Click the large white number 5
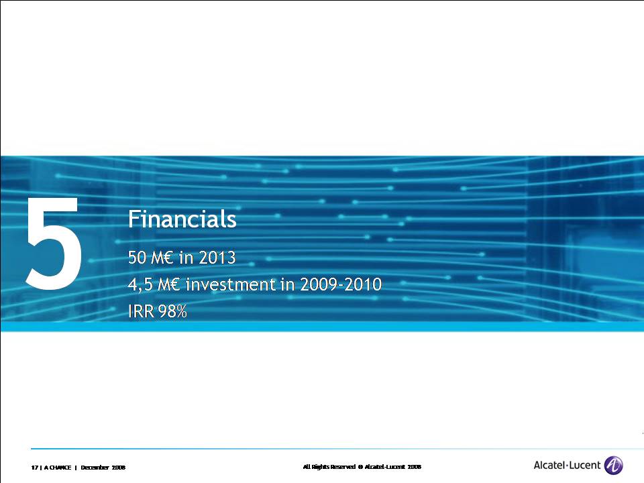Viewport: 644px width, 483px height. [54, 243]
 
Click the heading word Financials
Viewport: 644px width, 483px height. [182, 219]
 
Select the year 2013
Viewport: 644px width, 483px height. [217, 258]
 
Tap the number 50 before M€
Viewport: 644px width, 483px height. [137, 258]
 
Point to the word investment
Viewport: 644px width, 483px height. [231, 284]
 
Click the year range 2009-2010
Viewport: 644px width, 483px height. [341, 284]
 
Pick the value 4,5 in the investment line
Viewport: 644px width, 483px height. [140, 284]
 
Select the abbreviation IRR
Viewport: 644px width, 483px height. [141, 311]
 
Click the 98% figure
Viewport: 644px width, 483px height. [172, 311]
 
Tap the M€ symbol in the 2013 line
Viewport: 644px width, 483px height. [162, 258]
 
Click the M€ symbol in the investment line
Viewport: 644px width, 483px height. [169, 284]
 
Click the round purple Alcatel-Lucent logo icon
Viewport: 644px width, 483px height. [614, 466]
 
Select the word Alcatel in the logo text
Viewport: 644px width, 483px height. [549, 465]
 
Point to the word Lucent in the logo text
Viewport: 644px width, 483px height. [585, 465]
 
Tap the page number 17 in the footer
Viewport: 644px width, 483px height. [34, 468]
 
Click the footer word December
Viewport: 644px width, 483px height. [95, 468]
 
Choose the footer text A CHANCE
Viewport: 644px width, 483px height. [58, 468]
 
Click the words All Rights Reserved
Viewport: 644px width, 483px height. [329, 467]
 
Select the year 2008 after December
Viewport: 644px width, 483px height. [119, 468]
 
